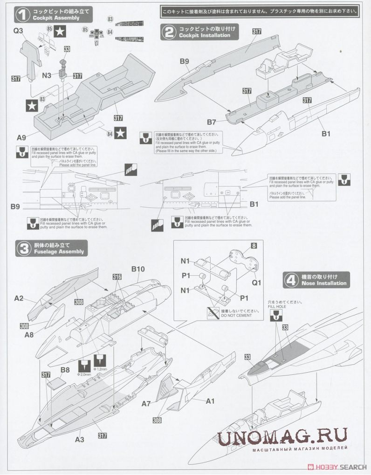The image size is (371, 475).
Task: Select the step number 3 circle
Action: pyautogui.click(x=23, y=248)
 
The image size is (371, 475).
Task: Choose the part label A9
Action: pyautogui.click(x=22, y=137)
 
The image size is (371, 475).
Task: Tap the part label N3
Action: pyautogui.click(x=47, y=75)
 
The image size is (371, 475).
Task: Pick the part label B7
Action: pyautogui.click(x=211, y=122)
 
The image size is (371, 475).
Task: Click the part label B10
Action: pyautogui.click(x=138, y=269)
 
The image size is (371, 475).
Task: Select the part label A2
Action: pyautogui.click(x=18, y=298)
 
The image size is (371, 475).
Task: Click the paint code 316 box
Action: pyautogui.click(x=117, y=277)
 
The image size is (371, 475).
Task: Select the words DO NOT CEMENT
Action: pyautogui.click(x=236, y=315)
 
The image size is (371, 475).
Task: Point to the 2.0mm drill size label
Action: pyautogui.click(x=85, y=374)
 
